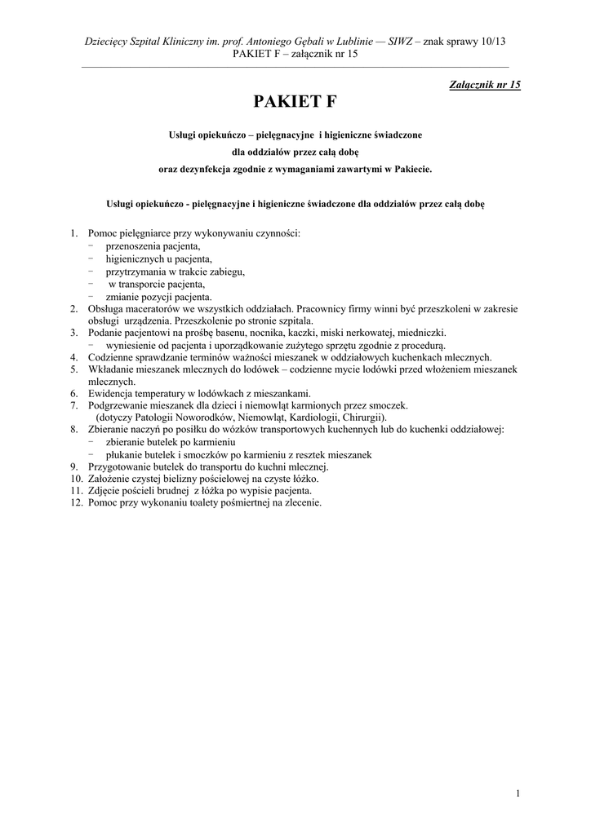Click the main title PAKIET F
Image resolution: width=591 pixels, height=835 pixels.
tap(295, 102)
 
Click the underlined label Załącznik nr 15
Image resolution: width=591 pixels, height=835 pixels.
tap(485, 84)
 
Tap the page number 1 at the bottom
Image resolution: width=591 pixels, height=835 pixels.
tap(518, 793)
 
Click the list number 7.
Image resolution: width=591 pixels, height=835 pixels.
tap(73, 404)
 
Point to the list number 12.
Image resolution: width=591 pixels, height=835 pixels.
tap(76, 502)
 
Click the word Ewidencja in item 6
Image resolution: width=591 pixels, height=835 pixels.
tap(111, 392)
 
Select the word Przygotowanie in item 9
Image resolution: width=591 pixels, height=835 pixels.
tap(119, 466)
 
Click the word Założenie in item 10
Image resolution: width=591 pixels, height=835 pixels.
tap(109, 479)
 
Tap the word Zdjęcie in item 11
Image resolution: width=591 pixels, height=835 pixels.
tap(105, 491)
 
